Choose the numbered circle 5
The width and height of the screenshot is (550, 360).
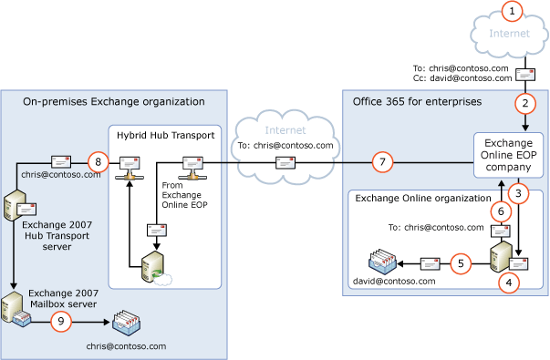pyautogui.click(x=462, y=264)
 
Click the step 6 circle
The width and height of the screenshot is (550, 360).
pyautogui.click(x=498, y=210)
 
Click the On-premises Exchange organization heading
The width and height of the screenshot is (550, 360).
pyautogui.click(x=114, y=100)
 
